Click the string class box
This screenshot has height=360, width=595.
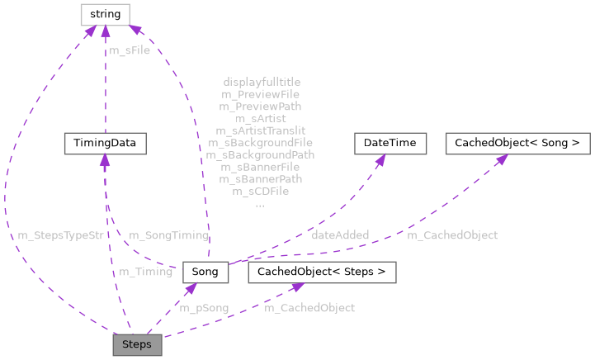105,14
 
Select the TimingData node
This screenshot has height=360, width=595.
106,143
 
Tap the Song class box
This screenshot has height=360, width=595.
205,272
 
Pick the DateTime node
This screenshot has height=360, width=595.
390,143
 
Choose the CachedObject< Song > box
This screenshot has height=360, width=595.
517,143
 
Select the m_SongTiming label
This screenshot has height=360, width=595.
168,235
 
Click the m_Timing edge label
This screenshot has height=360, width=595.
146,272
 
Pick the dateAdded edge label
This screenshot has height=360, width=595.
340,235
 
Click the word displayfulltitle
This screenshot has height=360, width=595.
262,83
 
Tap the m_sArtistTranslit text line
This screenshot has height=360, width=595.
261,130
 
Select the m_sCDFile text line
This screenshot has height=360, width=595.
261,191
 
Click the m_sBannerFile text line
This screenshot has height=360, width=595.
261,167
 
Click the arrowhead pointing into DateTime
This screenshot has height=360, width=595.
380,159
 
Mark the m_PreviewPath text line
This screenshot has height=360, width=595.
261,107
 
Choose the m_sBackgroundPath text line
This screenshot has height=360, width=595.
261,154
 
